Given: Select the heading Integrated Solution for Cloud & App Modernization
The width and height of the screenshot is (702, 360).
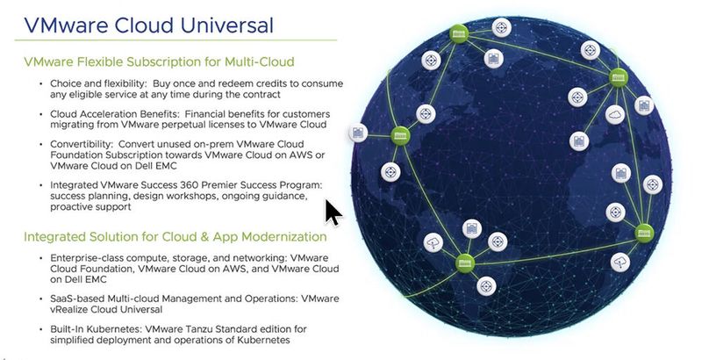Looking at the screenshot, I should pos(175,236).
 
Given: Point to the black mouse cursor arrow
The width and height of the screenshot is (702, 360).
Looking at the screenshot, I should pos(333,212).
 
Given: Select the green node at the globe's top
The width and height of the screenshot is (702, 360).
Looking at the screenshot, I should pos(457,35).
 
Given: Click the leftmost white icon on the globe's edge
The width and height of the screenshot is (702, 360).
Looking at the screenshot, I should pos(357,133).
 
